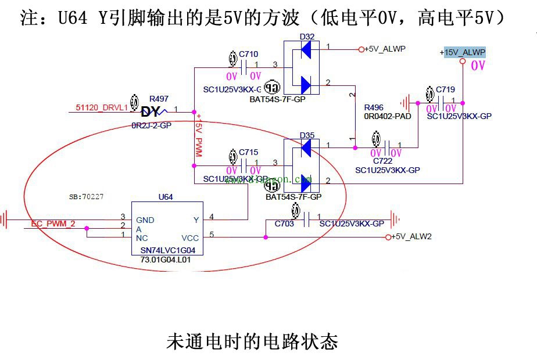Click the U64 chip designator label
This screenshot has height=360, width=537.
pyautogui.click(x=166, y=197)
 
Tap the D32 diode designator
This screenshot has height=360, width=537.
pyautogui.click(x=307, y=37)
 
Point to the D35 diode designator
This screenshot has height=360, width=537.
pyautogui.click(x=307, y=135)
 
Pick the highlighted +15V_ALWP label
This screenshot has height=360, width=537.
pyautogui.click(x=463, y=52)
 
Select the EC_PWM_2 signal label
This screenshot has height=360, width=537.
pyautogui.click(x=53, y=223)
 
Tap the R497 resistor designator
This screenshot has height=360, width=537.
pyautogui.click(x=159, y=99)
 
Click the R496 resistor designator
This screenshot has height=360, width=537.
pyautogui.click(x=374, y=108)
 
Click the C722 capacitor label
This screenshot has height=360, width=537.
pyautogui.click(x=383, y=160)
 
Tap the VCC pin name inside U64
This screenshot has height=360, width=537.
pyautogui.click(x=189, y=237)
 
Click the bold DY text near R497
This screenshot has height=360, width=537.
pyautogui.click(x=151, y=111)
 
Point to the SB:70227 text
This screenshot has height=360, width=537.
pyautogui.click(x=86, y=197)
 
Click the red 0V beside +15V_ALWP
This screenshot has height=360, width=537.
pyautogui.click(x=478, y=66)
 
